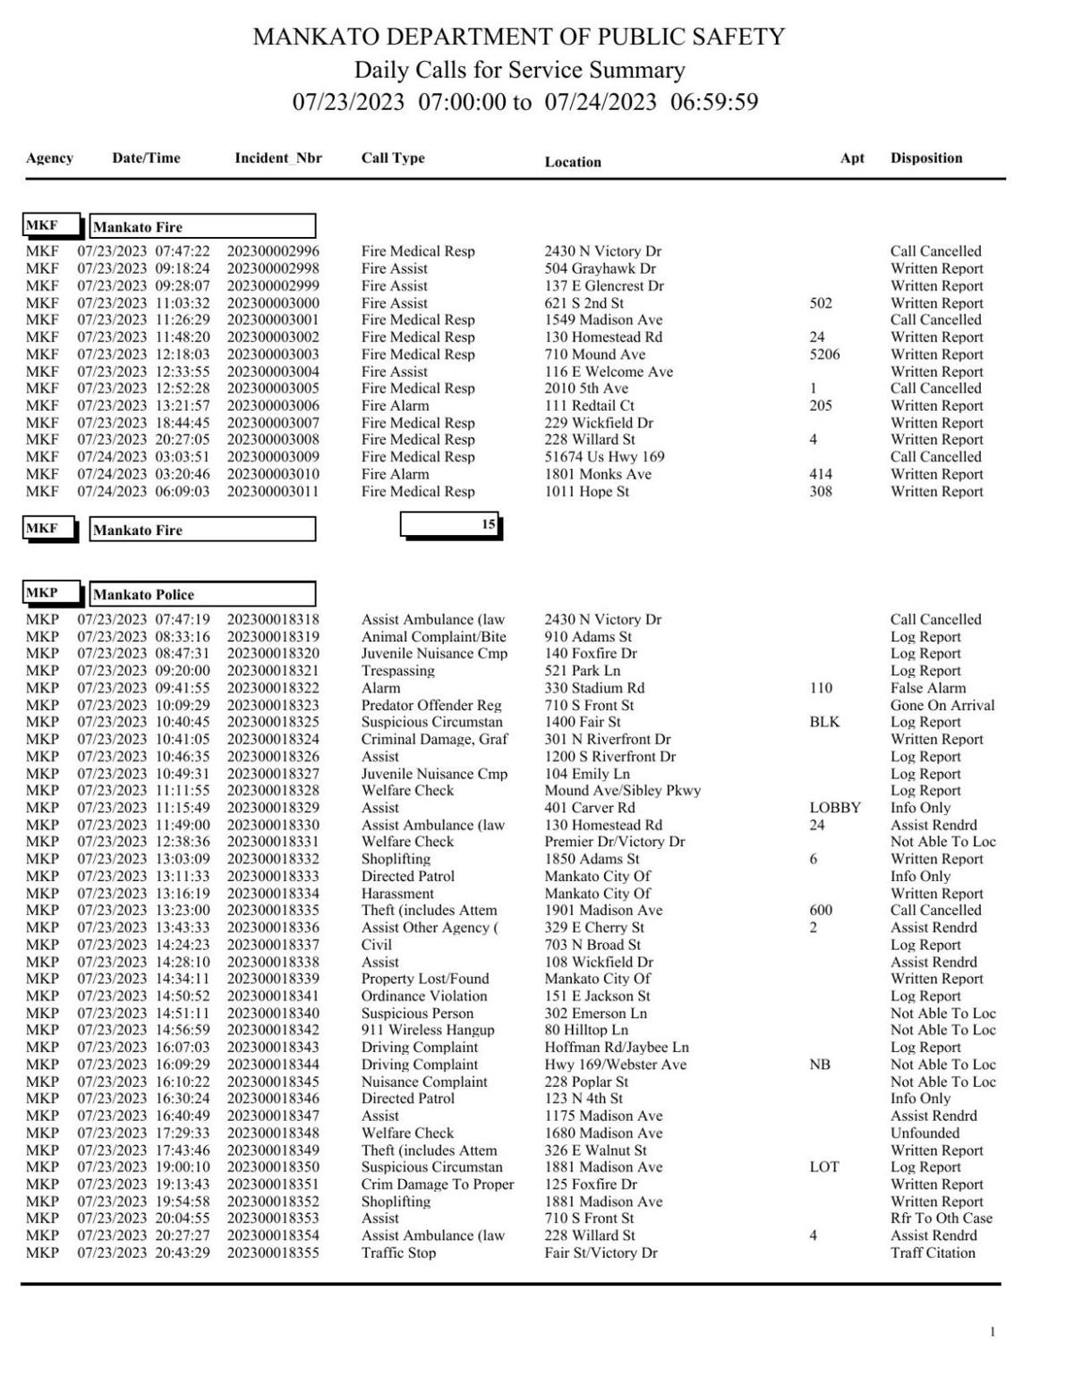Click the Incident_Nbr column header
[277, 158]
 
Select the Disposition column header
[925, 158]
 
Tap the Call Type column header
[392, 158]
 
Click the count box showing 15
[450, 525]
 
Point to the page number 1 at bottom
[992, 1332]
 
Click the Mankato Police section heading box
[202, 594]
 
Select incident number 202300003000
[272, 303]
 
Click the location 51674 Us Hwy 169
[604, 457]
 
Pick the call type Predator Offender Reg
[430, 705]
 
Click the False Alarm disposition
[927, 688]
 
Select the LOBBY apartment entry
[834, 808]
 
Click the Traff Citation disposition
[932, 1252]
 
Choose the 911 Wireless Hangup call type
[427, 1030]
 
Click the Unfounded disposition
[924, 1133]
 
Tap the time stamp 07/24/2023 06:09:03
[143, 491]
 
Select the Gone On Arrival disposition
[942, 705]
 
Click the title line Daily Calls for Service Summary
[519, 70]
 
